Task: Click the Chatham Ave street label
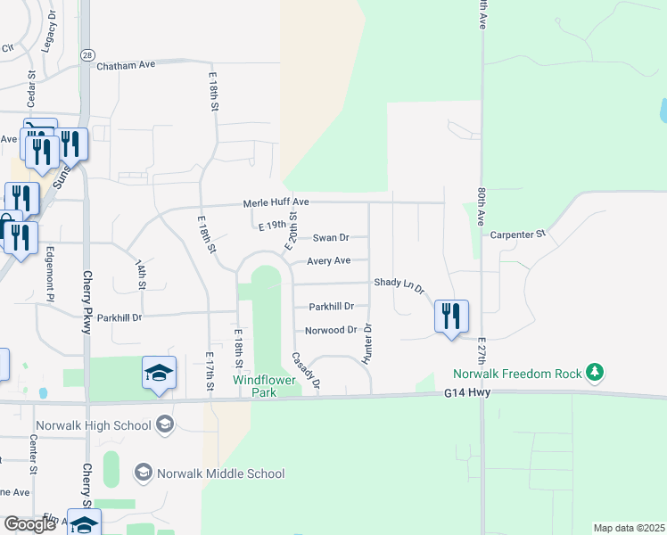tap(126, 65)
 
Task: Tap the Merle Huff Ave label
tap(276, 203)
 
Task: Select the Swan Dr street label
tap(330, 238)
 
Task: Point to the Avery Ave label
tap(329, 261)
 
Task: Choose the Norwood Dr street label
tap(331, 330)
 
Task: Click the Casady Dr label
tap(306, 371)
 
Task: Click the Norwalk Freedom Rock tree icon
tap(592, 373)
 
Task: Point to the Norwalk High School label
tap(94, 425)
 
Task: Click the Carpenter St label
tap(518, 235)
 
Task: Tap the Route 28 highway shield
tap(86, 55)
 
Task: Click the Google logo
tap(30, 524)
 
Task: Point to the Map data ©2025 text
tap(628, 528)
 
